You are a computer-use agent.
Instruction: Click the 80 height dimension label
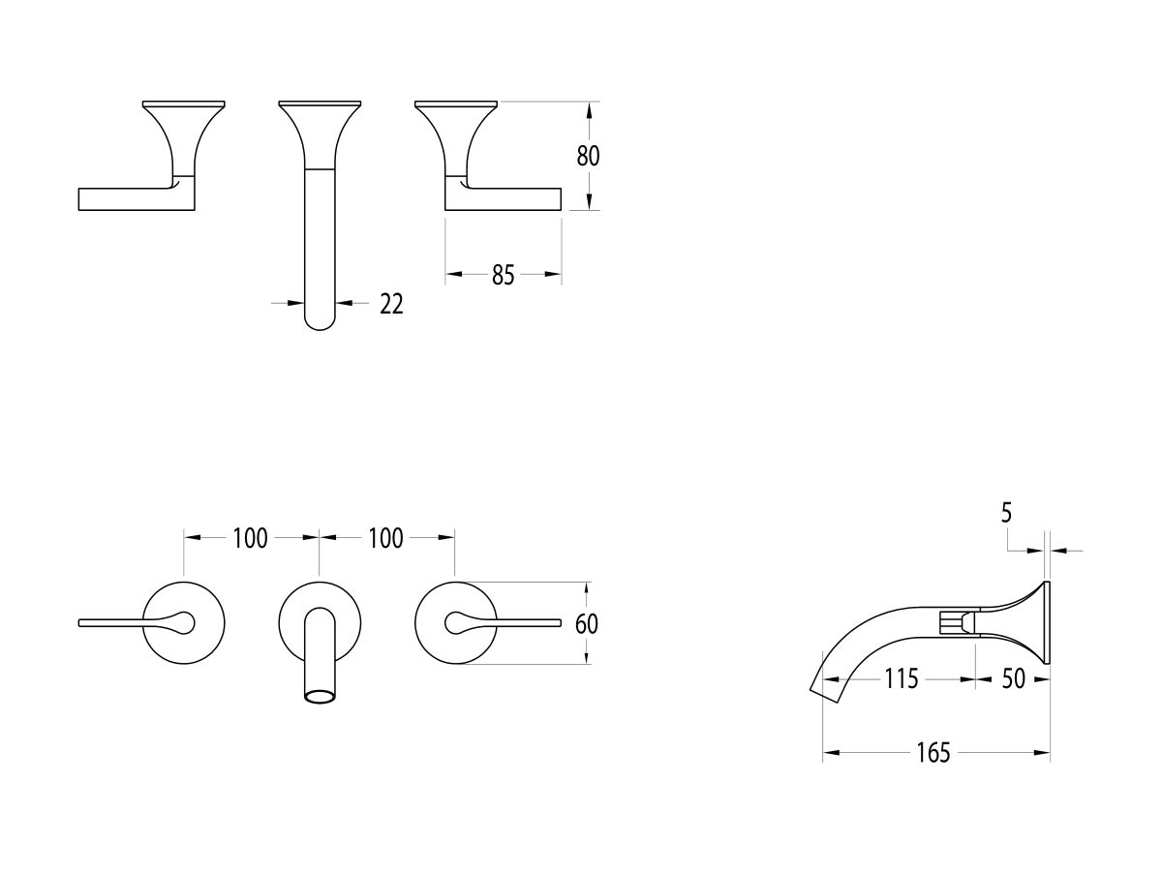pos(589,156)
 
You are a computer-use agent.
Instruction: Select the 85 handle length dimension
pos(503,276)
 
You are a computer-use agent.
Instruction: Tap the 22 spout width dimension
pos(391,304)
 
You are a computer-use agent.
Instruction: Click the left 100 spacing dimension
pos(250,538)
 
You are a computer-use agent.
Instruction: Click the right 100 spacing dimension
pos(385,538)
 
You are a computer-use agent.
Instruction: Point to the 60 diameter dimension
pos(587,624)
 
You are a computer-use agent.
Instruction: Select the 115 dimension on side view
pos(901,678)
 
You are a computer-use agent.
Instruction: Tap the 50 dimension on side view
pos(1013,678)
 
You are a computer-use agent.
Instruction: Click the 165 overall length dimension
pos(933,753)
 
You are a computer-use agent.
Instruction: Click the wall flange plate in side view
pos(1046,622)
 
